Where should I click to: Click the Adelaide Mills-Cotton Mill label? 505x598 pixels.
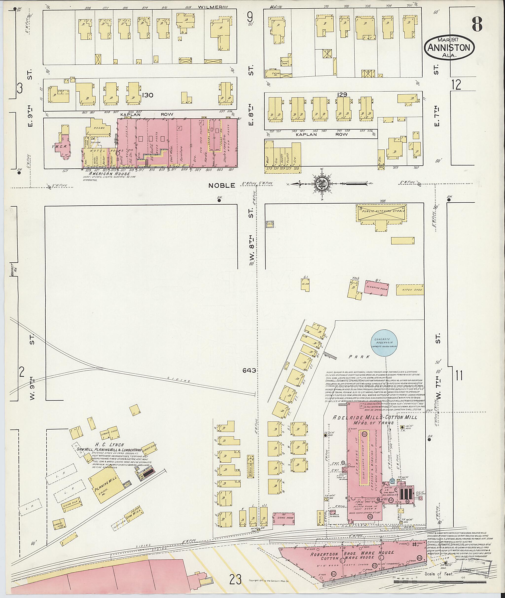click(375, 418)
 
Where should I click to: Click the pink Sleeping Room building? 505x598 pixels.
click(377, 288)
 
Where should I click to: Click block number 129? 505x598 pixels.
click(342, 94)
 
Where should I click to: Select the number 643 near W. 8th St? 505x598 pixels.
click(249, 371)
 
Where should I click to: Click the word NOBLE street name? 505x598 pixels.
click(222, 186)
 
